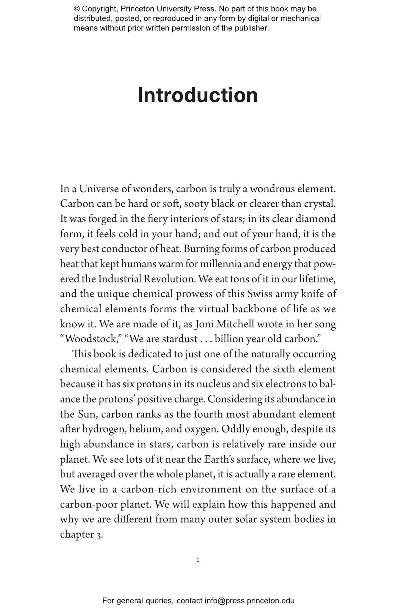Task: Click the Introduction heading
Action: pos(198,95)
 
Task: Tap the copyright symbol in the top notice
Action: pos(77,9)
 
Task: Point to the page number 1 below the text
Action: pos(198,560)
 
